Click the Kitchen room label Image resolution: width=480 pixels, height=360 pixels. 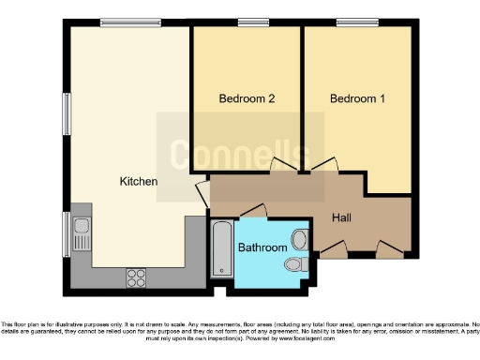(x=138, y=181)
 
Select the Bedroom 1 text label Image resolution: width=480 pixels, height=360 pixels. (x=357, y=98)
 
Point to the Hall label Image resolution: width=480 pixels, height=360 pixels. (x=342, y=217)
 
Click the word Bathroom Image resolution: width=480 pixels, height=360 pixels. (x=262, y=247)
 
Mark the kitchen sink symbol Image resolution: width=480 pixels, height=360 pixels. (x=81, y=226)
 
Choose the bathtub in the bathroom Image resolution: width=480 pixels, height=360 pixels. (x=222, y=247)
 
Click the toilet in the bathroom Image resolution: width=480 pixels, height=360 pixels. (x=296, y=264)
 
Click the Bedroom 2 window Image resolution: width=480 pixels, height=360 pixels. (x=249, y=22)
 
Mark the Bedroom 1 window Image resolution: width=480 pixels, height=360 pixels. (x=351, y=22)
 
